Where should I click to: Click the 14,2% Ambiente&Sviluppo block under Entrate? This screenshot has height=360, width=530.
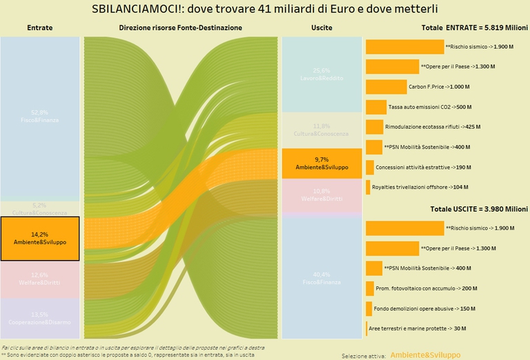(40, 239)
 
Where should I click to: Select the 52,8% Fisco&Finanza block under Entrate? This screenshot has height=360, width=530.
(40, 116)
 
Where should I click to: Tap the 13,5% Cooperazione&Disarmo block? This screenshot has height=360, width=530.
(40, 318)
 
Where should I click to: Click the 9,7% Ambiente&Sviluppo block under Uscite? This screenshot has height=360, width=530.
(322, 163)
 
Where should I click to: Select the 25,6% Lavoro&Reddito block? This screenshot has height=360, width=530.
(322, 74)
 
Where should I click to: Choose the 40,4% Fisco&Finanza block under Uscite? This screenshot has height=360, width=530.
(322, 277)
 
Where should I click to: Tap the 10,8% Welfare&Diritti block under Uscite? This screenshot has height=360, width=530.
(322, 194)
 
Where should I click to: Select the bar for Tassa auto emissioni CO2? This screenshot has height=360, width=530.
(376, 107)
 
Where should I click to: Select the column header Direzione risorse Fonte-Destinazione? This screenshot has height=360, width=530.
(180, 28)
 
